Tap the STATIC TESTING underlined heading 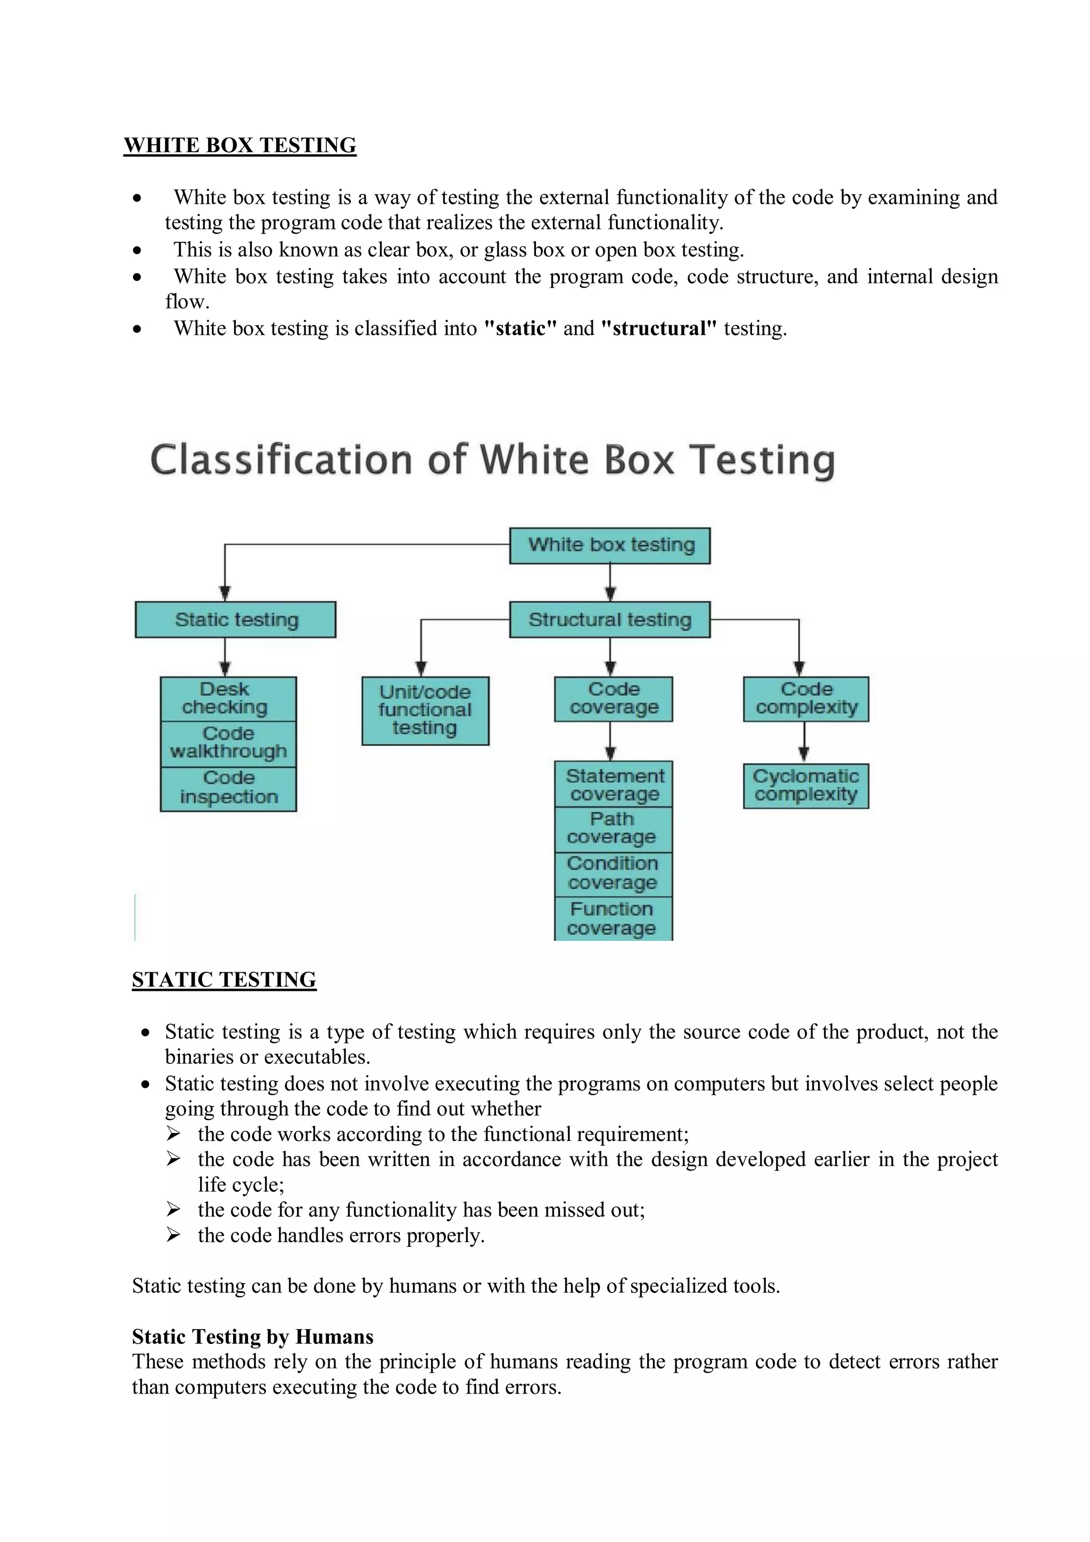click(224, 979)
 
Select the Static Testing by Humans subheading click(252, 1336)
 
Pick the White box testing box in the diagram click(609, 545)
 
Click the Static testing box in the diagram click(236, 619)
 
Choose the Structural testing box click(609, 619)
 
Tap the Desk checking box click(228, 699)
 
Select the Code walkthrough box click(228, 743)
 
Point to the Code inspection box click(228, 788)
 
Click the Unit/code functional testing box click(425, 710)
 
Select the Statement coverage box click(614, 784)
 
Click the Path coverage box click(614, 828)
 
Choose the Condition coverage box click(614, 873)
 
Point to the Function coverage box click(614, 918)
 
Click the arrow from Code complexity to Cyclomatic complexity click(804, 743)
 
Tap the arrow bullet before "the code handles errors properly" click(173, 1234)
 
